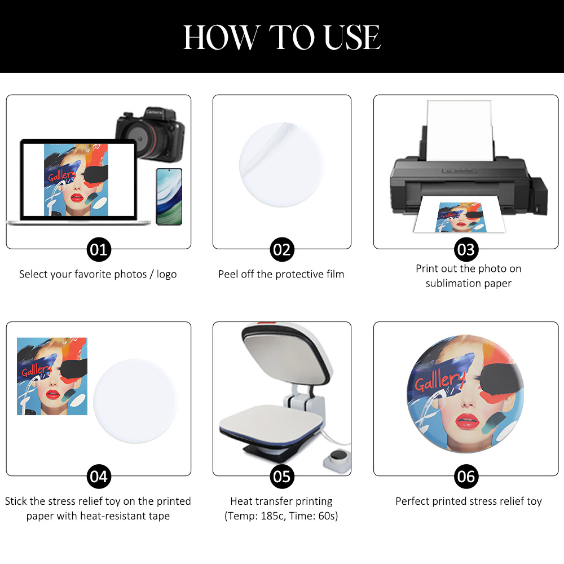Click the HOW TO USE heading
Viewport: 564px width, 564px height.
(282, 37)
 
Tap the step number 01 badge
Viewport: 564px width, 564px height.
(98, 249)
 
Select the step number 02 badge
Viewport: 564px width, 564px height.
(282, 249)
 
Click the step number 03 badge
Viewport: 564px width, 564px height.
(466, 249)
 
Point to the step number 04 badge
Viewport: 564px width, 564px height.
(98, 476)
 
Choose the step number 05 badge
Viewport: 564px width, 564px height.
(282, 476)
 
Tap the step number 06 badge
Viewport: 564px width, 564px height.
(466, 476)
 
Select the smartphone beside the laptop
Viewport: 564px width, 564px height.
(169, 196)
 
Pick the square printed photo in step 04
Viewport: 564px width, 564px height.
(52, 376)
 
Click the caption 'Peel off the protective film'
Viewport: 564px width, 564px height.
(281, 274)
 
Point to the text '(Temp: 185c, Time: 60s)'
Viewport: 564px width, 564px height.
(281, 516)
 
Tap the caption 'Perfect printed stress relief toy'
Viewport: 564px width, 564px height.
(468, 501)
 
